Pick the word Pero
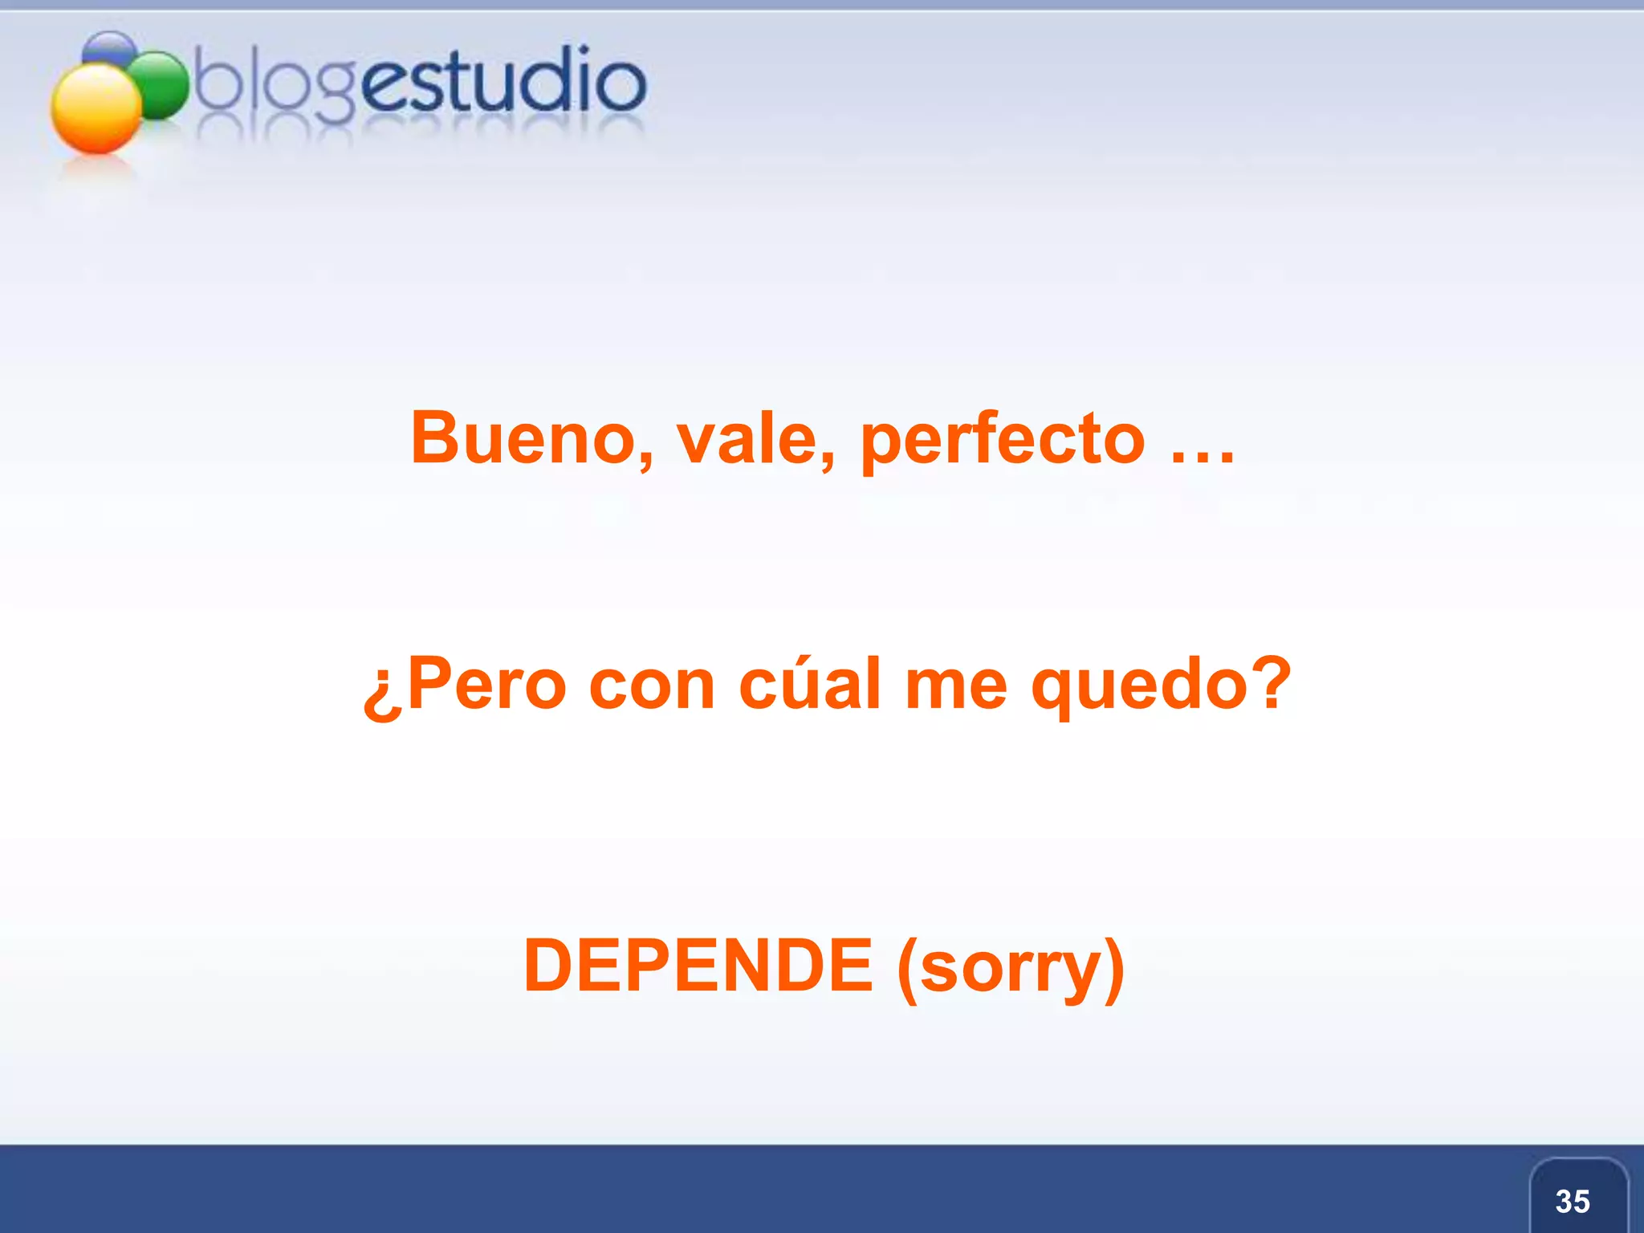[487, 685]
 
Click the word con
[651, 685]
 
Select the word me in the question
[955, 685]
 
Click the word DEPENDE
[698, 965]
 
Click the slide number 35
[1572, 1201]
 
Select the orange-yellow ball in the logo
[96, 108]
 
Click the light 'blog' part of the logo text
[273, 84]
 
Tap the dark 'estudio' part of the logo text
[502, 80]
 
